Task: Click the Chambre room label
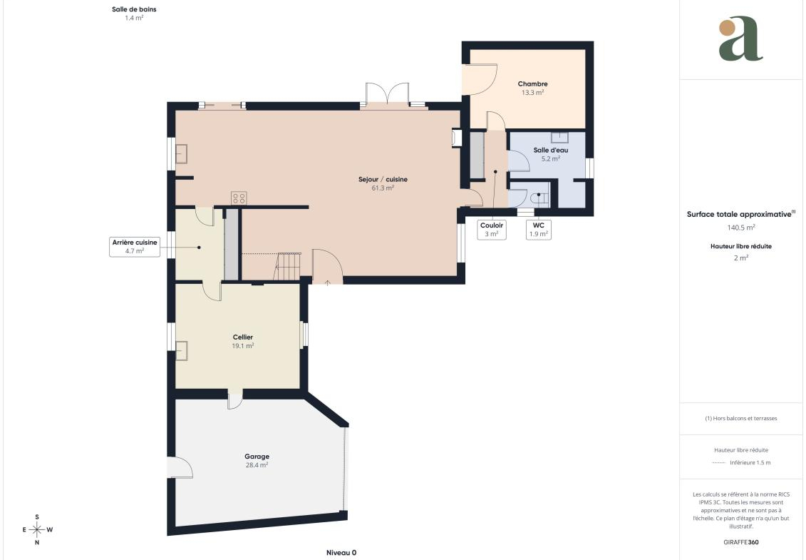(x=532, y=83)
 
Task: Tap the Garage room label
(x=257, y=456)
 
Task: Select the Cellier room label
(x=242, y=337)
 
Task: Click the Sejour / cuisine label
(x=383, y=179)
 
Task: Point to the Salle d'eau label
(x=551, y=150)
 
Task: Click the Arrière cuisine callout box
(x=135, y=247)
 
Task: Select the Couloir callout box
(x=492, y=230)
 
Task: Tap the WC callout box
(x=538, y=230)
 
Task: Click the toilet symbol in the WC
(x=539, y=198)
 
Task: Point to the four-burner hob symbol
(x=239, y=198)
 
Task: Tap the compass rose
(x=37, y=529)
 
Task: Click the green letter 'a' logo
(x=740, y=39)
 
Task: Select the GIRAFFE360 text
(x=740, y=542)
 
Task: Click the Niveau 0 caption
(x=341, y=553)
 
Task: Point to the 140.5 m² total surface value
(x=740, y=227)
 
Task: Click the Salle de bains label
(x=134, y=9)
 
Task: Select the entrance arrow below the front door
(x=327, y=282)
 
